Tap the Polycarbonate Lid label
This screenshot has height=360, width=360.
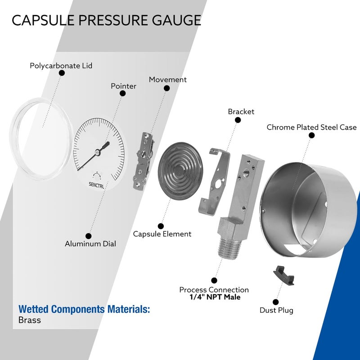coord(61,66)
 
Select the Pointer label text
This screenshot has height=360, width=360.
coord(123,86)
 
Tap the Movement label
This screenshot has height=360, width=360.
coord(167,79)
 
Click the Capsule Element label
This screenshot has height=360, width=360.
coord(162,234)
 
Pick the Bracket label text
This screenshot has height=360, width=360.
coord(241,112)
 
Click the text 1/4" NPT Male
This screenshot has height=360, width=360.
coord(214,297)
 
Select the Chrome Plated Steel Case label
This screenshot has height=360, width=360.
coord(311,127)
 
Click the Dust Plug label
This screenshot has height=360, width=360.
coord(276,310)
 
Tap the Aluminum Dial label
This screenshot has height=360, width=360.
coord(90,244)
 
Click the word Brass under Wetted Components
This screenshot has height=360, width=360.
coord(30,320)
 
